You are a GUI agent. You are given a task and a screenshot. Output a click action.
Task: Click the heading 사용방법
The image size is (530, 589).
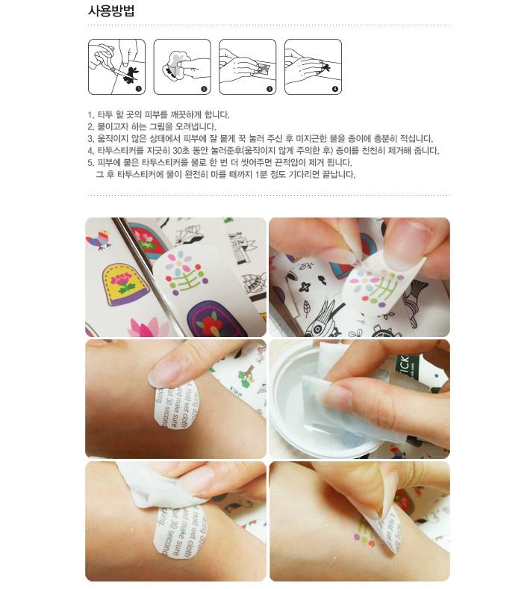pyautogui.click(x=111, y=10)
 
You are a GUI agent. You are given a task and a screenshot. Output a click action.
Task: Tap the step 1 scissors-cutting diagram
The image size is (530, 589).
pyautogui.click(x=116, y=67)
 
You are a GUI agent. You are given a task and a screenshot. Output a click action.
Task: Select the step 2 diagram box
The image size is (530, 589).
pyautogui.click(x=181, y=67)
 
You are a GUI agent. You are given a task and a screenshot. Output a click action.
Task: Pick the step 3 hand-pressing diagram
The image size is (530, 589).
pyautogui.click(x=247, y=67)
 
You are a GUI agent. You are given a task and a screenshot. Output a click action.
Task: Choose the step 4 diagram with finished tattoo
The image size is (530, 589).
pyautogui.click(x=313, y=67)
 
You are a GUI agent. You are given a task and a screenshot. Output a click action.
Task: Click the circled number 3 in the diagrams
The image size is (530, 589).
pyautogui.click(x=269, y=89)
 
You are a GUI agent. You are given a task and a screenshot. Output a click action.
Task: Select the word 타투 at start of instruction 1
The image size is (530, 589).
pyautogui.click(x=105, y=115)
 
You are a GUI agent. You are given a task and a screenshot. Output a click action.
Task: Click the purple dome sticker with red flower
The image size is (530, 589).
pyautogui.click(x=212, y=318)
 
